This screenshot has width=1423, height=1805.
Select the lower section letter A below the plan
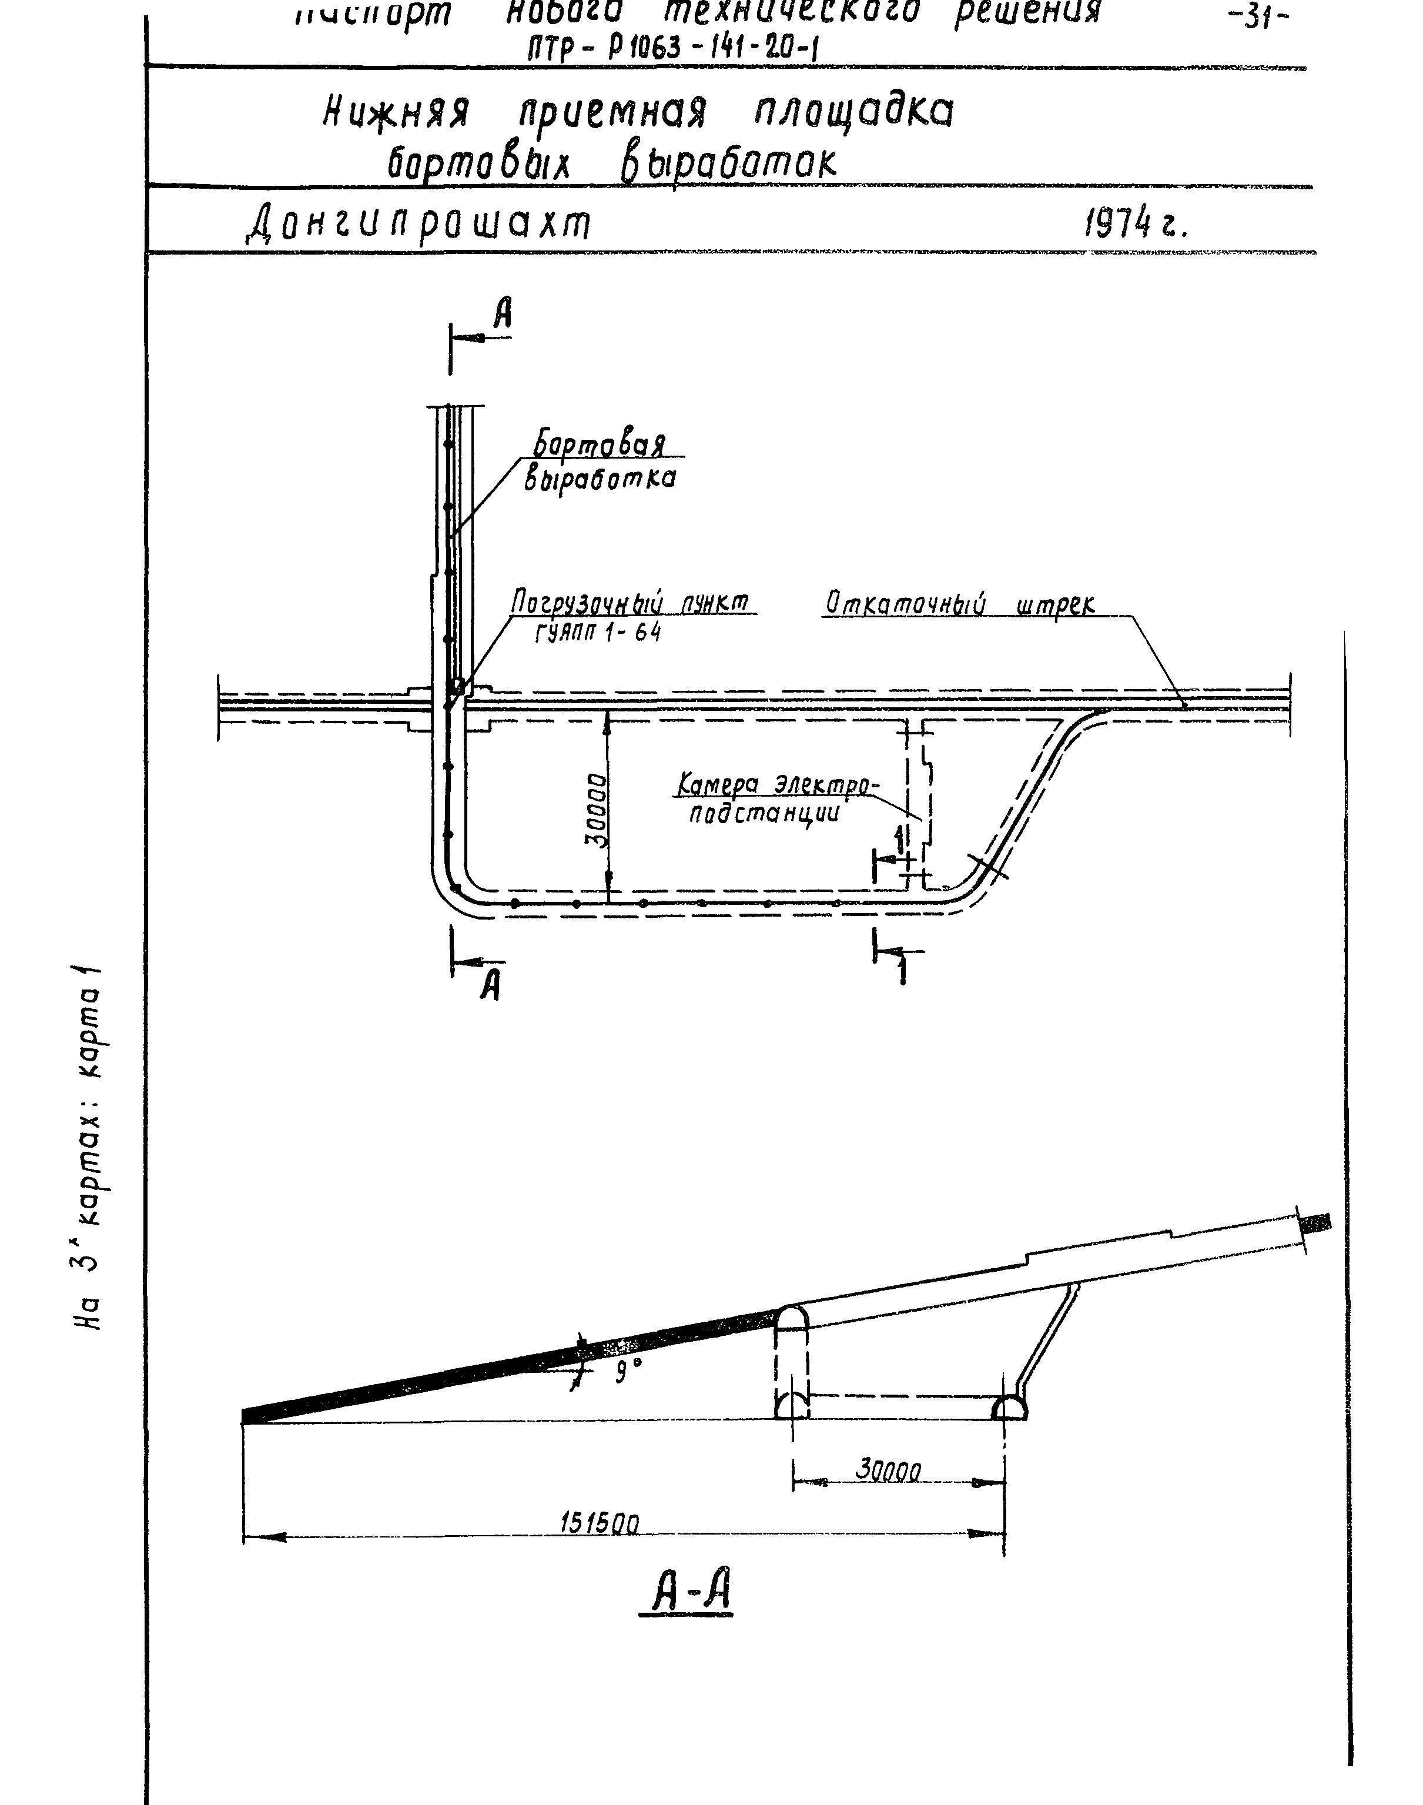pos(491,987)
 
